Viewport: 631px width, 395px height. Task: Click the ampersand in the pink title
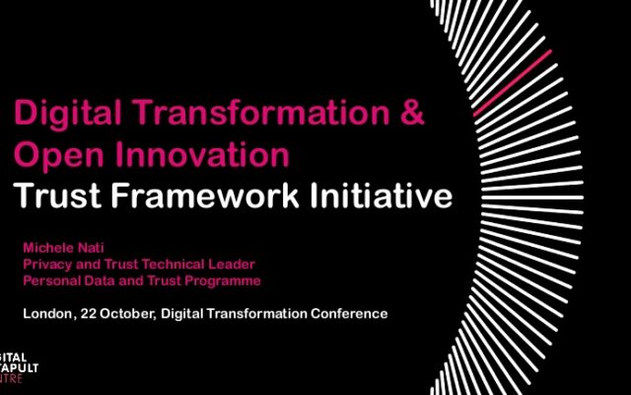pyautogui.click(x=412, y=112)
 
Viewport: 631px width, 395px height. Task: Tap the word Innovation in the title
pyautogui.click(x=202, y=154)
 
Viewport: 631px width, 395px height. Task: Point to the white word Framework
pyautogui.click(x=204, y=196)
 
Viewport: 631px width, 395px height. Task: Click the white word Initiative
pyautogui.click(x=382, y=196)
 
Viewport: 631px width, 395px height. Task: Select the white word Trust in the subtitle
pyautogui.click(x=57, y=196)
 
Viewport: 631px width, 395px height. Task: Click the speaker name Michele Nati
pyautogui.click(x=63, y=248)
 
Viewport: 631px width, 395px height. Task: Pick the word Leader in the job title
pyautogui.click(x=232, y=264)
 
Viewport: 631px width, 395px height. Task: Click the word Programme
pyautogui.click(x=223, y=280)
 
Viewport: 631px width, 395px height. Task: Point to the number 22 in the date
pyautogui.click(x=88, y=314)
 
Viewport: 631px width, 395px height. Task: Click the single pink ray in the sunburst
pyautogui.click(x=513, y=83)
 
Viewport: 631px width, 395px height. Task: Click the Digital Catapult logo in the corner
pyautogui.click(x=19, y=368)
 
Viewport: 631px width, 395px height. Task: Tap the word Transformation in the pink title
pyautogui.click(x=261, y=112)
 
